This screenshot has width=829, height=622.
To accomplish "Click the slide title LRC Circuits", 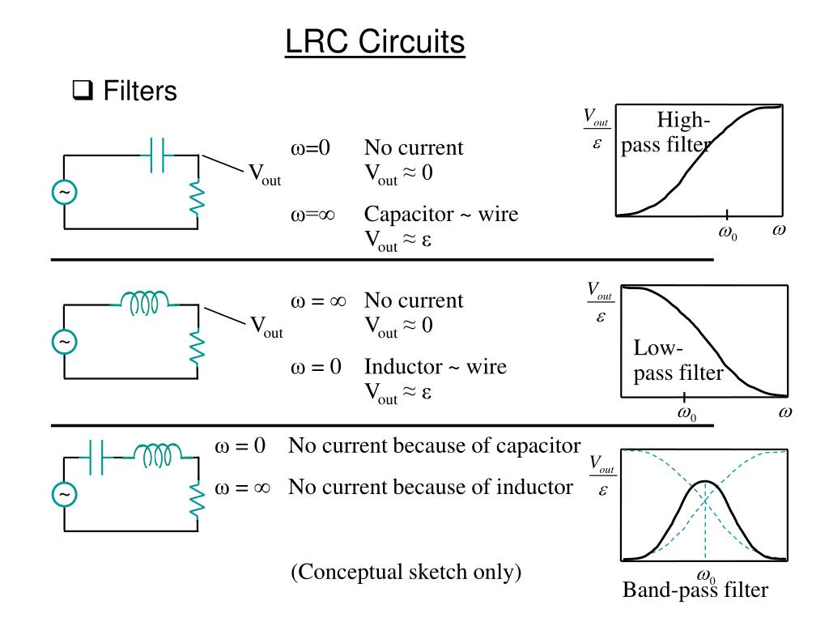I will (x=375, y=41).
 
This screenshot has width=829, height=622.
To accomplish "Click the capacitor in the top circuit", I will (x=157, y=155).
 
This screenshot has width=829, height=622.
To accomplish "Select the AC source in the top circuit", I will (x=64, y=192).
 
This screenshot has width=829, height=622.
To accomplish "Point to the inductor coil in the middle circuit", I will (x=144, y=302).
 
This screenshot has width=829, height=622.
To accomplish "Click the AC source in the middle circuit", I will (x=64, y=343).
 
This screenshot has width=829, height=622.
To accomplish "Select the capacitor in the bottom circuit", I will (x=96, y=458).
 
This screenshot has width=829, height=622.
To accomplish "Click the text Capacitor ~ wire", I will (x=440, y=215).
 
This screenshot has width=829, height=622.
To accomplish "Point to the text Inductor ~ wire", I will (x=435, y=367).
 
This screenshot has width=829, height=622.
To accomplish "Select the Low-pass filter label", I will (x=678, y=361).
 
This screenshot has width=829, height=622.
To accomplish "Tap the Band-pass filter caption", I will (x=695, y=590).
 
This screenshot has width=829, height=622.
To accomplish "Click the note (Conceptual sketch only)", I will (x=406, y=572).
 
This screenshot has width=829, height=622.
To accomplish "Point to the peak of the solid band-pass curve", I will (x=706, y=482).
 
